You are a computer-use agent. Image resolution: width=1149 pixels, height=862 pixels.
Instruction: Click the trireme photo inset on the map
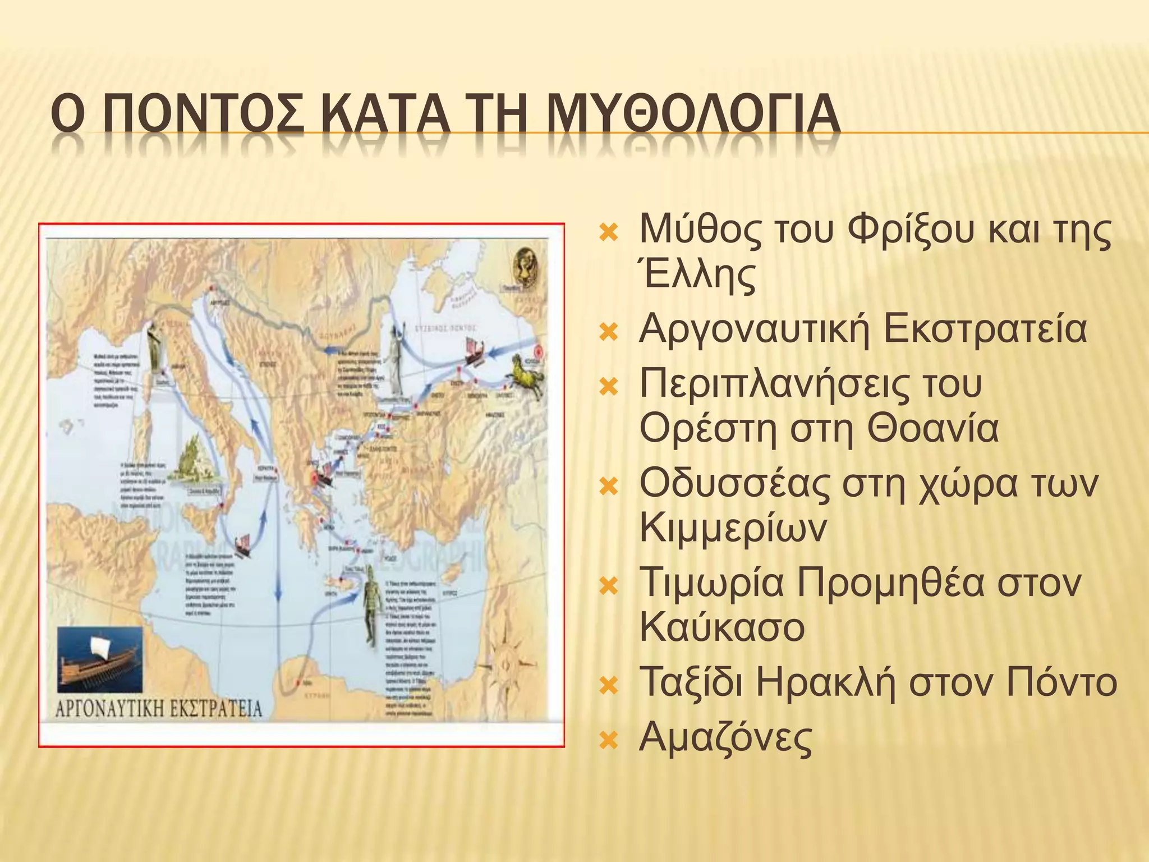(x=100, y=660)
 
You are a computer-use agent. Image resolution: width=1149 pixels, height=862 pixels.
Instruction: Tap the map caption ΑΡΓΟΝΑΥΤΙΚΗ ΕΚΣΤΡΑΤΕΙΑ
(x=159, y=709)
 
